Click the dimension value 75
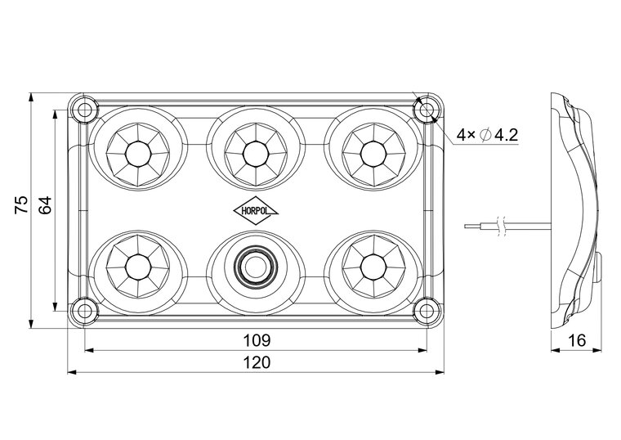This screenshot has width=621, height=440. click(23, 204)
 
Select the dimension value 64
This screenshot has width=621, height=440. click(46, 204)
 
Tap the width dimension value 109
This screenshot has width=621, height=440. click(256, 339)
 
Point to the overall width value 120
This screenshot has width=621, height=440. click(256, 362)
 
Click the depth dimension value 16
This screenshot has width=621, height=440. click(576, 340)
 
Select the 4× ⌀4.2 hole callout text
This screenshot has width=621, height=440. click(488, 134)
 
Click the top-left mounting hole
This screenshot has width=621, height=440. click(83, 109)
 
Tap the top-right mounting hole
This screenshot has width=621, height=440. click(426, 109)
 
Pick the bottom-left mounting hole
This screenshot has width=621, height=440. click(83, 309)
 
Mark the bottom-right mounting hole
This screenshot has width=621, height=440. click(426, 309)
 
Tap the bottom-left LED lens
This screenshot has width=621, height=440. click(136, 266)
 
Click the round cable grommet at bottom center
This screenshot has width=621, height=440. click(255, 266)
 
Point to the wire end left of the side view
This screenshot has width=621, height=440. click(467, 225)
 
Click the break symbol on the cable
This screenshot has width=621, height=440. click(507, 225)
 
